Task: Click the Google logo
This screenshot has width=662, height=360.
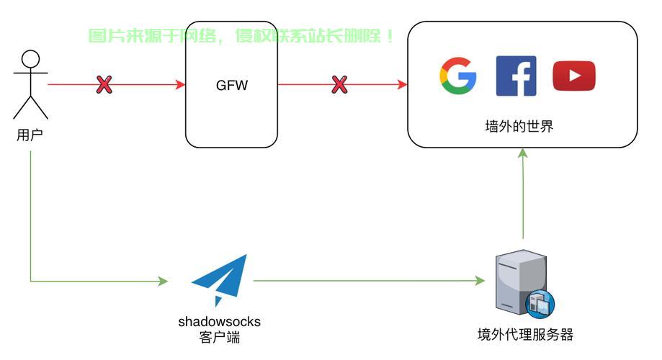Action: pyautogui.click(x=458, y=76)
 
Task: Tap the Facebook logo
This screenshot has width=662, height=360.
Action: pyautogui.click(x=516, y=76)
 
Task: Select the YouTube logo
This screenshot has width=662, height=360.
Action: pyautogui.click(x=574, y=76)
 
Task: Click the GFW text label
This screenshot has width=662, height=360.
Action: pyautogui.click(x=232, y=86)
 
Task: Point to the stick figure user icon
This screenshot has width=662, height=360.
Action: pyautogui.click(x=30, y=85)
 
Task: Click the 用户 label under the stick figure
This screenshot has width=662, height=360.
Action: pyautogui.click(x=30, y=135)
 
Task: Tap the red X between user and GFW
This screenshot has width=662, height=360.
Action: pyautogui.click(x=104, y=85)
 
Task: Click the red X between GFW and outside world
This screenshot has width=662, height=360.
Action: pyautogui.click(x=339, y=85)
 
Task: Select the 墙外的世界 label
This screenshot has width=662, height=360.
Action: pyautogui.click(x=519, y=127)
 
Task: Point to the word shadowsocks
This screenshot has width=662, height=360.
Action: pyautogui.click(x=219, y=321)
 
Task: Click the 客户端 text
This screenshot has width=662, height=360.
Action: pyautogui.click(x=219, y=338)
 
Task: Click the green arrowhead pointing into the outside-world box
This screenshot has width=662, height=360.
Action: pyautogui.click(x=523, y=153)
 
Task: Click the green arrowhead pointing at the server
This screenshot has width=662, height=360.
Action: pyautogui.click(x=480, y=281)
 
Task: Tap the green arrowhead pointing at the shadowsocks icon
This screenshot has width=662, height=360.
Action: pyautogui.click(x=164, y=281)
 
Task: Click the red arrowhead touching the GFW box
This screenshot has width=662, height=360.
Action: pyautogui.click(x=181, y=85)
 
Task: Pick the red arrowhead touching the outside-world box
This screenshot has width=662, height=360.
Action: pyautogui.click(x=403, y=85)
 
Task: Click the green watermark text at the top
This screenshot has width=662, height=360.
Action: pyautogui.click(x=242, y=36)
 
